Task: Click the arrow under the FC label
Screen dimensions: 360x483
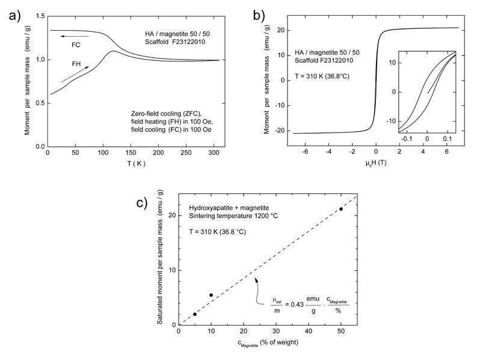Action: (x=68, y=36)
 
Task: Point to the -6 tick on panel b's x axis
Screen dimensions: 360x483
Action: (x=306, y=153)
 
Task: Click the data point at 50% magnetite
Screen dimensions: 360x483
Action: (x=341, y=209)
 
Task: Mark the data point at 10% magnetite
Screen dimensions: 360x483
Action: (x=211, y=295)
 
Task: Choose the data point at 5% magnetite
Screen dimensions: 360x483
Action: (x=195, y=314)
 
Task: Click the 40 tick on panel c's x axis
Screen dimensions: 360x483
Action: (x=309, y=332)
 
